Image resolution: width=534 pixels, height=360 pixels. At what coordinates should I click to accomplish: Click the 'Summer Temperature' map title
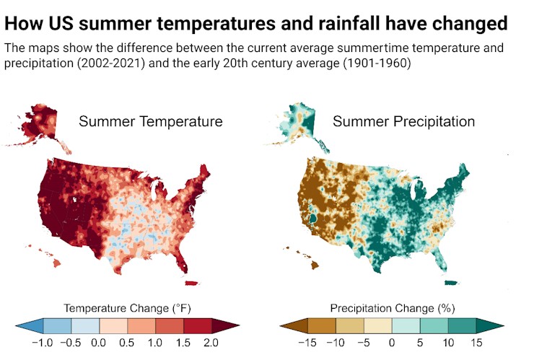click(x=150, y=121)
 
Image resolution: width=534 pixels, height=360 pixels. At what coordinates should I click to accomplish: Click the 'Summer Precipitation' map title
click(x=403, y=121)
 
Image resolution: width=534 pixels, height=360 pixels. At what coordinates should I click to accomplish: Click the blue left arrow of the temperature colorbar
click(x=30, y=326)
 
